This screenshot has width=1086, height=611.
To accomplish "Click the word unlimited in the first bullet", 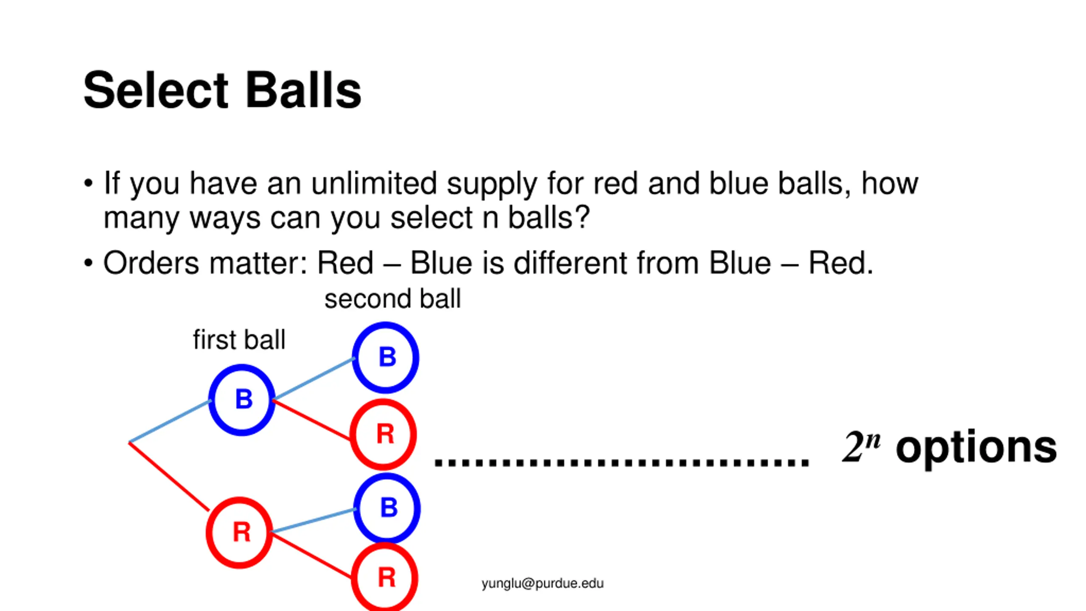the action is pos(374,184).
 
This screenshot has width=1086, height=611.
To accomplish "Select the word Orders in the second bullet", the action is pos(151,263).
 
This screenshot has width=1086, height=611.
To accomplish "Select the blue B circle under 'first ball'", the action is pos(242,400).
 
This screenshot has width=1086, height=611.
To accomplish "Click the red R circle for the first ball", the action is pos(240,533).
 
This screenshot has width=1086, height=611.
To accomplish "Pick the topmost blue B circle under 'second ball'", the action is pos(386,357).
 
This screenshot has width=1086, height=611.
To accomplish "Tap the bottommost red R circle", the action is pos(385,578).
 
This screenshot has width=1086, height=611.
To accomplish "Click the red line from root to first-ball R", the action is pos(169,476).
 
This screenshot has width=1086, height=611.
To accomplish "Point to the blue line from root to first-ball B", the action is pos(170,421).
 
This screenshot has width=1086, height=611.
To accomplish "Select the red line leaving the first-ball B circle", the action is pos(312,419).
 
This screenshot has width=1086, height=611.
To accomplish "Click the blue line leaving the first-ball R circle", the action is pos(313,521).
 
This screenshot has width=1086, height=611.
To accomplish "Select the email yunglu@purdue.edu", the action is pos(542,583).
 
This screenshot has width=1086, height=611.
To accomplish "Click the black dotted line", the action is pos(621,462).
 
